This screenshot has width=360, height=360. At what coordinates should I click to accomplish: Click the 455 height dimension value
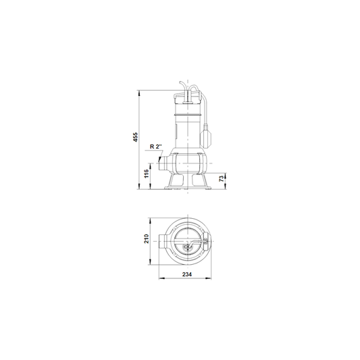pos(136,137)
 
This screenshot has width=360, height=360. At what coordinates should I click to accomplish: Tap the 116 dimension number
pos(147,174)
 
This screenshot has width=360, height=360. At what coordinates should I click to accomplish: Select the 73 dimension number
pos(222,178)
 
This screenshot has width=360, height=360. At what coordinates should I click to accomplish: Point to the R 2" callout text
pos(156,147)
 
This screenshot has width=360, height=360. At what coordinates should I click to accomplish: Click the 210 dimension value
pos(147,239)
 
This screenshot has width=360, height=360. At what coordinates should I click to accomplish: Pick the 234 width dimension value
pos(187,274)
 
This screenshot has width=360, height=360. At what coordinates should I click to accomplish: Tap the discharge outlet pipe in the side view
pos(163,163)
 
